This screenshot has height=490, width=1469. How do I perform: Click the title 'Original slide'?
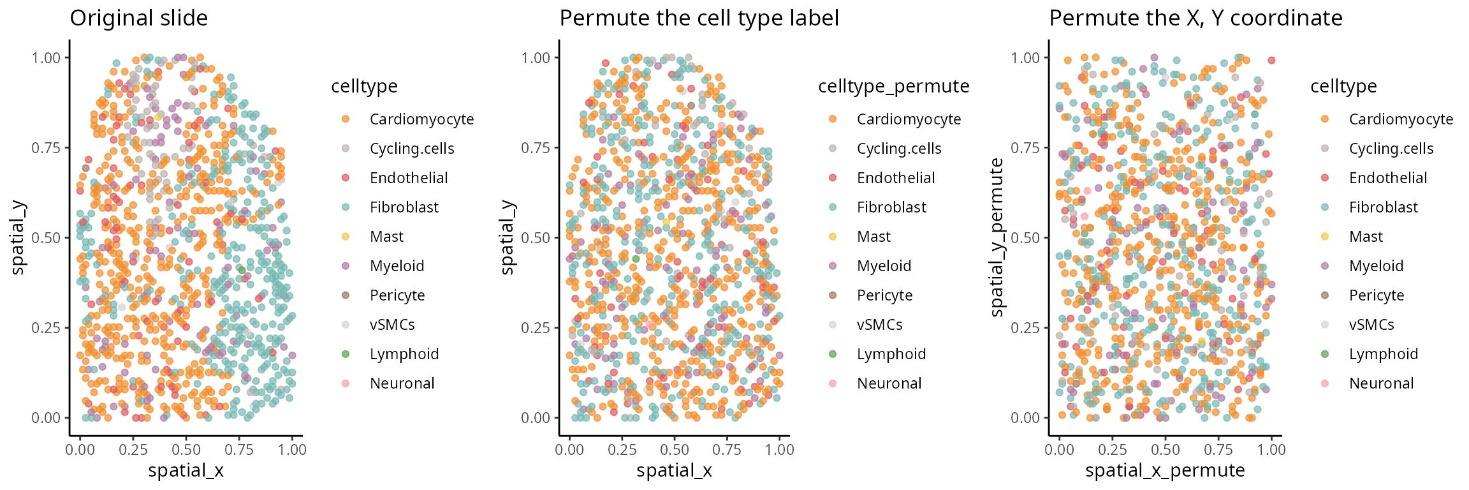[138, 18]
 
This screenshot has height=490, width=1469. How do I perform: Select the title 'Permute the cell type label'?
[699, 18]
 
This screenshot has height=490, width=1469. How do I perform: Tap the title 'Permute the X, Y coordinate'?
[1195, 18]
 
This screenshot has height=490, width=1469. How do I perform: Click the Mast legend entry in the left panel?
[386, 237]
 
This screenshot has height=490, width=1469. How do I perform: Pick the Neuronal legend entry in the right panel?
[1381, 383]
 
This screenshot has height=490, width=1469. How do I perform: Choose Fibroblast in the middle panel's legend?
[891, 207]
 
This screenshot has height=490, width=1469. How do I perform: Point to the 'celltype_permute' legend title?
[893, 86]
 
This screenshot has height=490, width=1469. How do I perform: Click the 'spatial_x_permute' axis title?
[1165, 471]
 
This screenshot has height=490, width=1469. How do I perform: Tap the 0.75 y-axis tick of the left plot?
[46, 148]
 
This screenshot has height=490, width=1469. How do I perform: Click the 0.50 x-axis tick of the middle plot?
[675, 450]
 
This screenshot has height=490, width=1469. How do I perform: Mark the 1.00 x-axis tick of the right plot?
[1271, 450]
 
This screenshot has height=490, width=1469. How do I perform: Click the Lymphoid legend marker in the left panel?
[346, 354]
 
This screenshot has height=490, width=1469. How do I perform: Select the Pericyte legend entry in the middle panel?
[884, 295]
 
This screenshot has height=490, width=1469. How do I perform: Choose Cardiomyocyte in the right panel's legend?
[1401, 119]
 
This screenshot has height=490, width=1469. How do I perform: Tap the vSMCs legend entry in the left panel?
[392, 325]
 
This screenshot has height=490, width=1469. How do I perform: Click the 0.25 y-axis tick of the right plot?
[1025, 328]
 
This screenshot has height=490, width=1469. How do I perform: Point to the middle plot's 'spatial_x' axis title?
[674, 471]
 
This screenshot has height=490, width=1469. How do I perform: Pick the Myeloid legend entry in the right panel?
[1376, 266]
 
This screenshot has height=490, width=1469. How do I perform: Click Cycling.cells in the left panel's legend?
[412, 149]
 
